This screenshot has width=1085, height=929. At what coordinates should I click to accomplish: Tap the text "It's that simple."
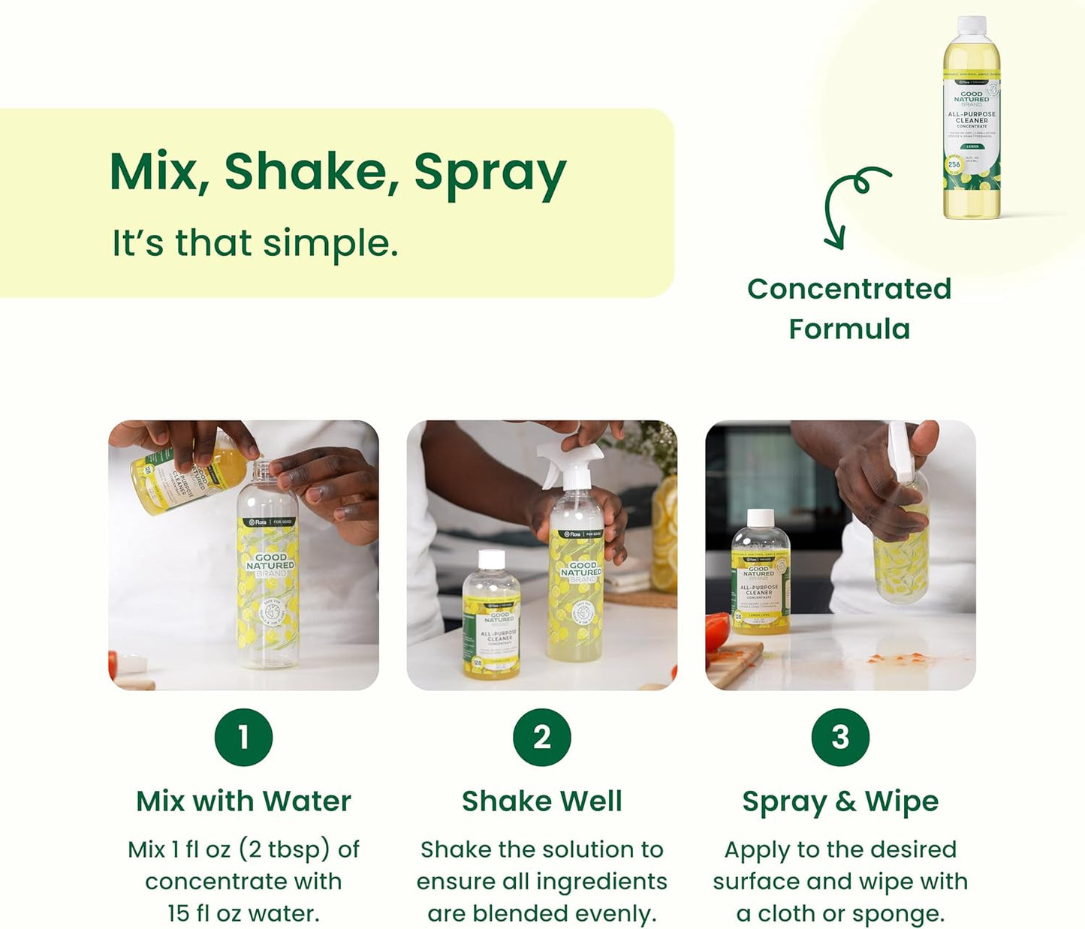pos(255,243)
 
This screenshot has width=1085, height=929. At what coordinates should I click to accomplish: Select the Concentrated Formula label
pos(849,308)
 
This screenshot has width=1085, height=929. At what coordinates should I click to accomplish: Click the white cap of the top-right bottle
pos(972,25)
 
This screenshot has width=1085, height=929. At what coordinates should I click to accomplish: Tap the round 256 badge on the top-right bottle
pos(954,164)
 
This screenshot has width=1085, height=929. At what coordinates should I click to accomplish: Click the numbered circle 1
pos(243,737)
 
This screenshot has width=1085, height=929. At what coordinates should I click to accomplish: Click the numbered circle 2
pos(542,737)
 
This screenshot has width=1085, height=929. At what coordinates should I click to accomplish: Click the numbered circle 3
pos(840,737)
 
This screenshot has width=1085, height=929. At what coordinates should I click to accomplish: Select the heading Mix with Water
pos(243,801)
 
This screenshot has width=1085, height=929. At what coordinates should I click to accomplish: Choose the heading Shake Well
pos(542,801)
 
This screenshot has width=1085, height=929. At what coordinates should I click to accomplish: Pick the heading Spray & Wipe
pos(840,801)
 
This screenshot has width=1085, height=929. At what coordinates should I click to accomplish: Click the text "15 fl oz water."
pos(243,913)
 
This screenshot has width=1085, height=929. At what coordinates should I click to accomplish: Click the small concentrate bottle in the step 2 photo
pos(491,617)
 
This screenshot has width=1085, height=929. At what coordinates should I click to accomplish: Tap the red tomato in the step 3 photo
pos(717,631)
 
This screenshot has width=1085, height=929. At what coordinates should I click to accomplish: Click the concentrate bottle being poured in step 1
pos(184,479)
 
